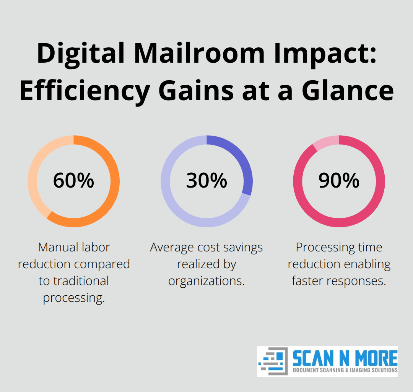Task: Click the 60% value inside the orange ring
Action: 73,181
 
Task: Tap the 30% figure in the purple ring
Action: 206,181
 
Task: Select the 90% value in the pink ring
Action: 339,181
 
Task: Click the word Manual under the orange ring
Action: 57,248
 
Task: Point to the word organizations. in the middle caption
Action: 206,281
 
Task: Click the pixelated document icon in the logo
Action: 273,361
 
